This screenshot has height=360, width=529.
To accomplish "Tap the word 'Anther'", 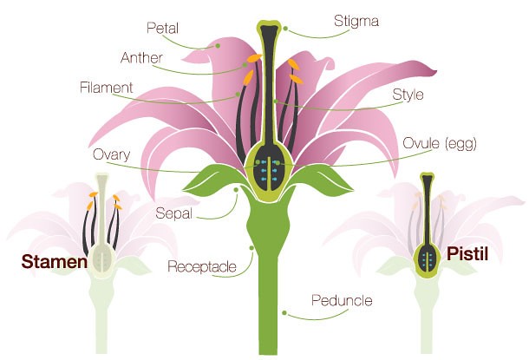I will click(140, 58).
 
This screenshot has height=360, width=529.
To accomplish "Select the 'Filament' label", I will click(106, 88).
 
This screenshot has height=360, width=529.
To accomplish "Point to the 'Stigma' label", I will click(355, 19).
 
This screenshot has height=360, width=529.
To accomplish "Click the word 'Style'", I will click(407, 95).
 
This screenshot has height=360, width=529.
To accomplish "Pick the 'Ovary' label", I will click(112, 155).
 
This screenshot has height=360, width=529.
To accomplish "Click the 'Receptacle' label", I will click(202, 265).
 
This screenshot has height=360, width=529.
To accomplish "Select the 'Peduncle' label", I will click(342, 301).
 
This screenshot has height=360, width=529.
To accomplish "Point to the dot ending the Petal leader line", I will click(220, 45).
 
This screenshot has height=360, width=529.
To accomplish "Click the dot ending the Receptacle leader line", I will click(251, 248).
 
